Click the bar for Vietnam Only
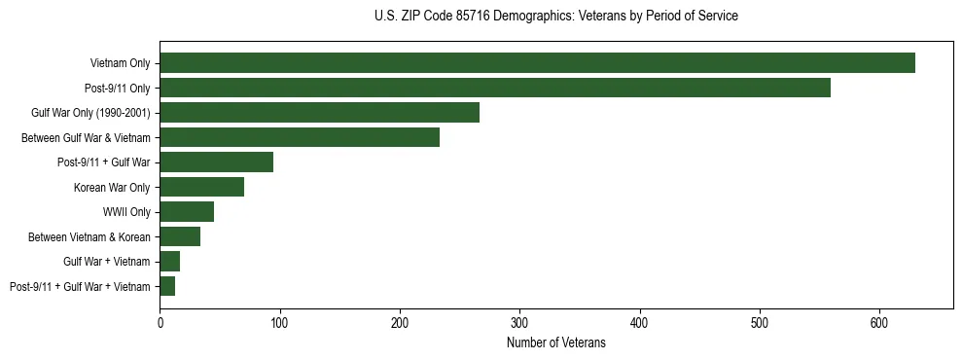(537, 63)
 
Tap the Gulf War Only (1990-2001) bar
(319, 113)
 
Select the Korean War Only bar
(201, 187)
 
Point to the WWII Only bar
(187, 212)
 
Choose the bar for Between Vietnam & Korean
(180, 236)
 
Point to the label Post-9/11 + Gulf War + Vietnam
(80, 286)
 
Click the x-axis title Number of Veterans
(555, 343)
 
